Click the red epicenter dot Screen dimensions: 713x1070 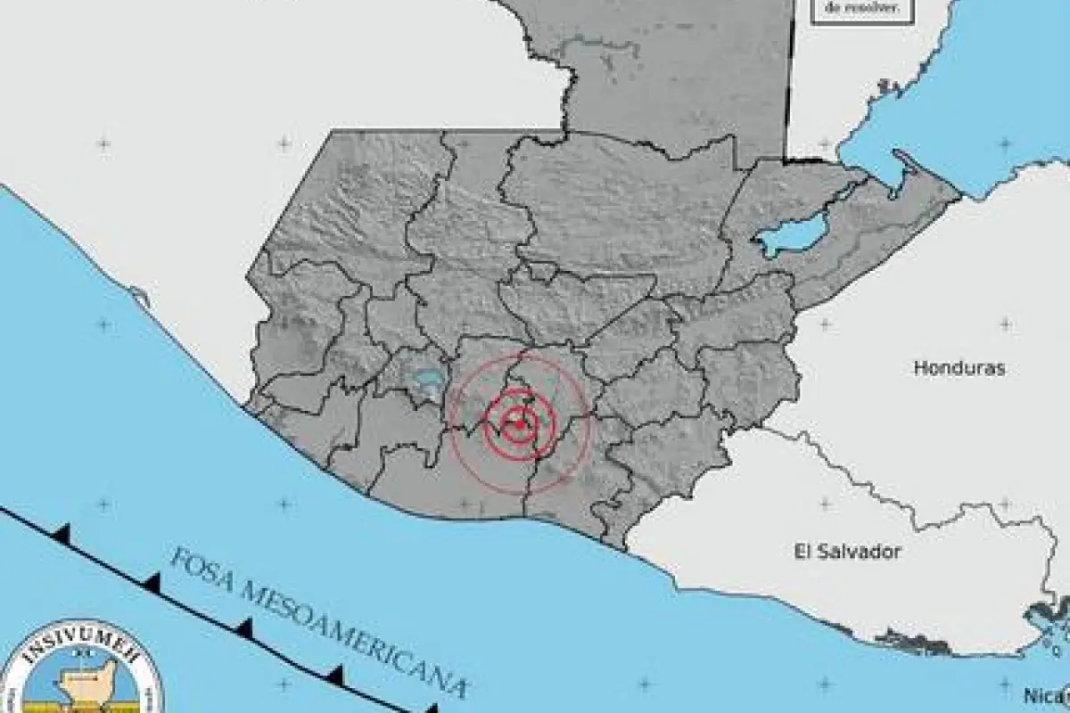520,424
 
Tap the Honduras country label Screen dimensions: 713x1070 959,367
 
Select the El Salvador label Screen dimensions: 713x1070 847,552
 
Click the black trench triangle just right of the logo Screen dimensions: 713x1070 244,628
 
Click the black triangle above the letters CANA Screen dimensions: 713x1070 336,671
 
